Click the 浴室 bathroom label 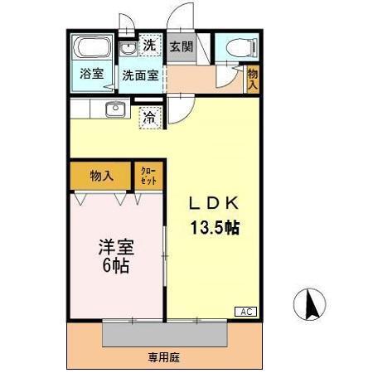click(x=92, y=73)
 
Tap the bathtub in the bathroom click(x=92, y=47)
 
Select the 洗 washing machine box click(x=149, y=46)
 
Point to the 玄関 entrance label click(x=182, y=46)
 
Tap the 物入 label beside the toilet click(x=253, y=80)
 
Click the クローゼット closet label click(x=148, y=176)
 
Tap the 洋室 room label click(x=116, y=248)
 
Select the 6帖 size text click(x=116, y=268)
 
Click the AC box click(x=246, y=312)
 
